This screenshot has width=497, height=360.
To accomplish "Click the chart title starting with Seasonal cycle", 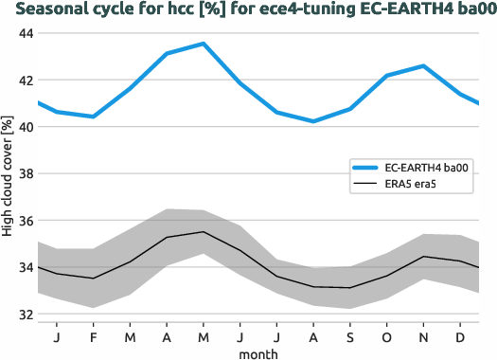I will coord(248,10).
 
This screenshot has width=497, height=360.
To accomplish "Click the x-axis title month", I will coord(258,352).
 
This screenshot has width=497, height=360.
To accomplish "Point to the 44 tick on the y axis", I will coord(25,33).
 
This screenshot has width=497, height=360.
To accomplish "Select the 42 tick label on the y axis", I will coord(25,81).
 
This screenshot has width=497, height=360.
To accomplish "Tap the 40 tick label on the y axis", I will coord(25,127).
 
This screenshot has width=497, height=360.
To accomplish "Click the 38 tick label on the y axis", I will coord(25,173).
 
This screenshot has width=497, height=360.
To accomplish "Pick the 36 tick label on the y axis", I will coord(25,221).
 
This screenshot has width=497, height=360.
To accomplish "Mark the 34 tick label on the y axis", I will coord(25,267).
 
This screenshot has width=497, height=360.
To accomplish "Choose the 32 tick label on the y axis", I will coord(25,315).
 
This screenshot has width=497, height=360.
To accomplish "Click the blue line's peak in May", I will coord(203,44).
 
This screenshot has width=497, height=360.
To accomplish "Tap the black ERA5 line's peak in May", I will coord(203,232).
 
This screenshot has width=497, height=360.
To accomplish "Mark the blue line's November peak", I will coord(423,66).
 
